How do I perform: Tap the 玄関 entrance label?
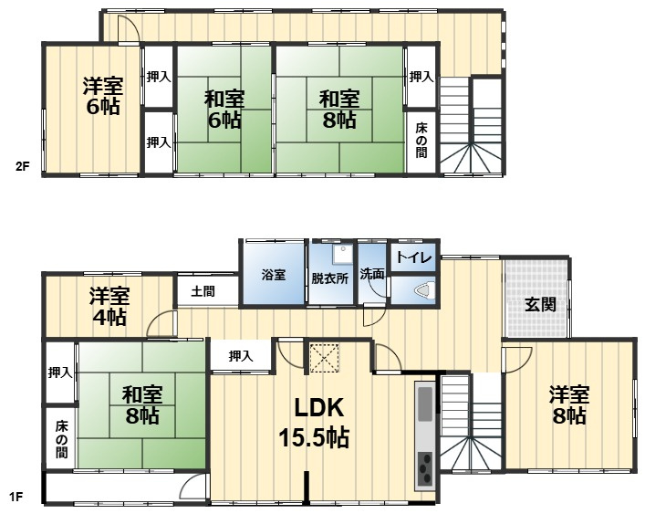tap(540, 305)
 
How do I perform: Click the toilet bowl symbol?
tap(423, 291)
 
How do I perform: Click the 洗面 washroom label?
tap(371, 273)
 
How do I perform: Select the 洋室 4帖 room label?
tap(109, 307)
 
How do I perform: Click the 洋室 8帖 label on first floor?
tap(568, 405)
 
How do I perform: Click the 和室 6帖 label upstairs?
tap(223, 109)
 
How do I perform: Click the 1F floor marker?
tap(16, 498)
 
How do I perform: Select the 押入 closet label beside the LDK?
tap(241, 356)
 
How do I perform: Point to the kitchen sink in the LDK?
tap(425, 401)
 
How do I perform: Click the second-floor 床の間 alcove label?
tap(421, 141)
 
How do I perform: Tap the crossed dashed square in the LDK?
tap(324, 357)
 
